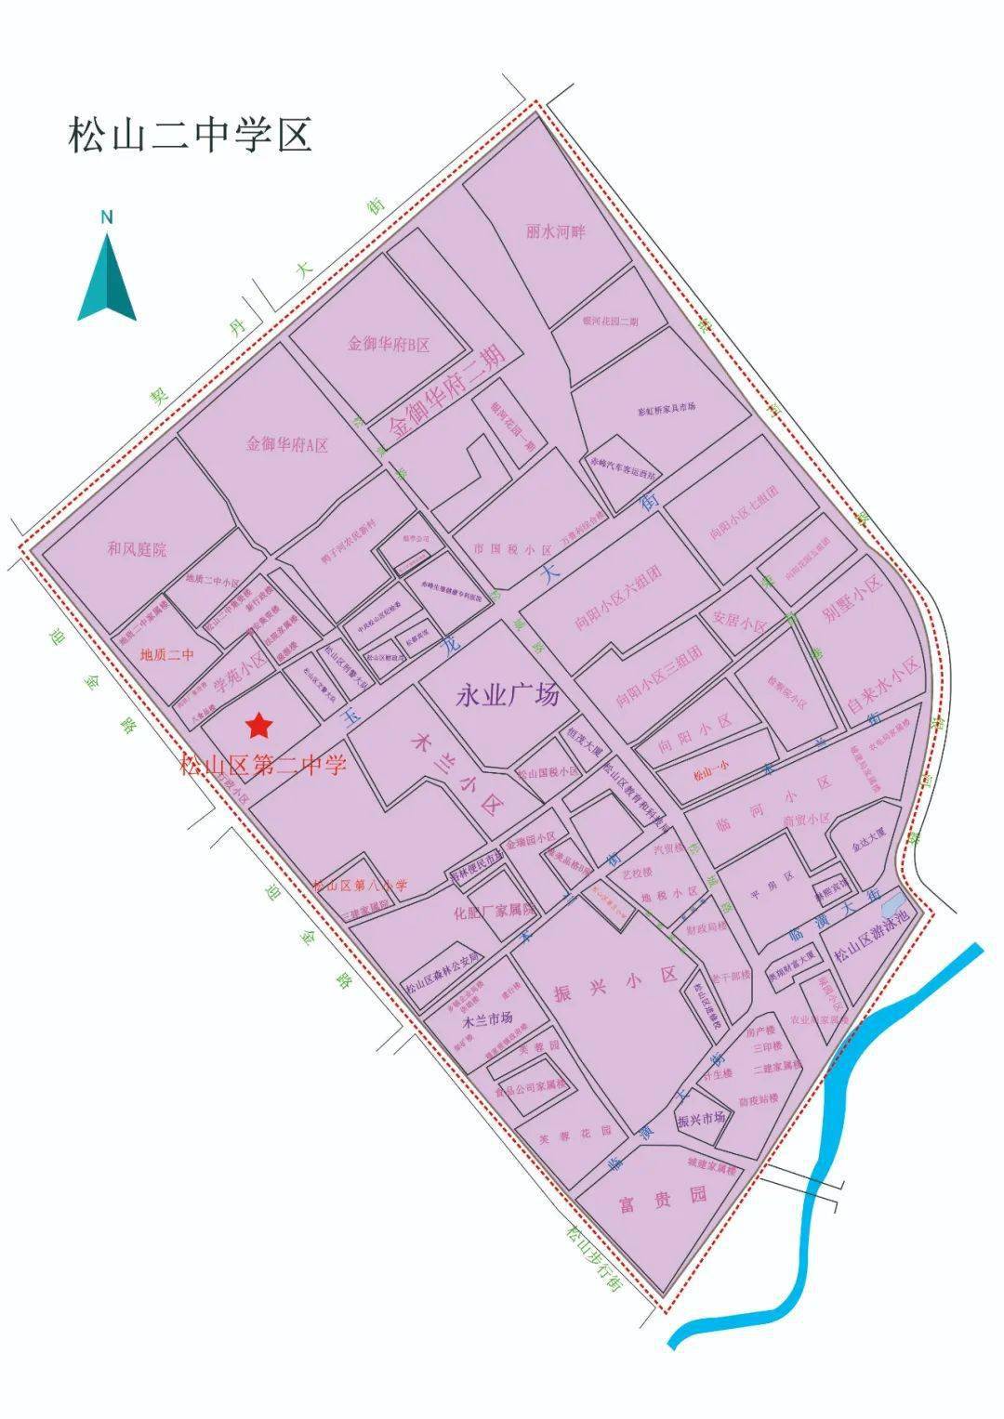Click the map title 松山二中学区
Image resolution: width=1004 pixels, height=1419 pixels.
pyautogui.click(x=189, y=136)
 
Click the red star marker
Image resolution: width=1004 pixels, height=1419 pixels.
pyautogui.click(x=258, y=723)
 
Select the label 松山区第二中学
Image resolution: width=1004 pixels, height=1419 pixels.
pyautogui.click(x=263, y=766)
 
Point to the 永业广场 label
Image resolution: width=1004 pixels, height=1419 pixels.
pyautogui.click(x=507, y=694)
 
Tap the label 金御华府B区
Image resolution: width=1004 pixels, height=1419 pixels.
pyautogui.click(x=389, y=345)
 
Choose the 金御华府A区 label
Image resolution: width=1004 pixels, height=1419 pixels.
pyautogui.click(x=287, y=444)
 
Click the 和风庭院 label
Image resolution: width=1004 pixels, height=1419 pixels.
pyautogui.click(x=137, y=549)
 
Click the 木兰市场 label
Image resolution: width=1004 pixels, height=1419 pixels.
pyautogui.click(x=487, y=1018)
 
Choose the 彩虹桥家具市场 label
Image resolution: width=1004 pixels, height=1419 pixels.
pyautogui.click(x=667, y=409)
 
